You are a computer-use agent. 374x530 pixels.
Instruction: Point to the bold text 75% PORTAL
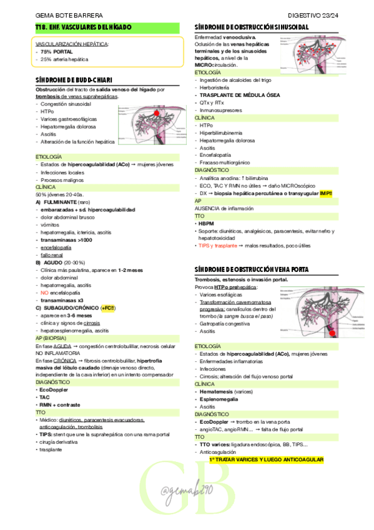coord(58,52)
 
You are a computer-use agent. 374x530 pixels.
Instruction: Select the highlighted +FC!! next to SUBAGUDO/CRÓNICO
coord(108,307)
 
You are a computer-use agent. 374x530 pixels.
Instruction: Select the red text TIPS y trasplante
coord(219,246)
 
